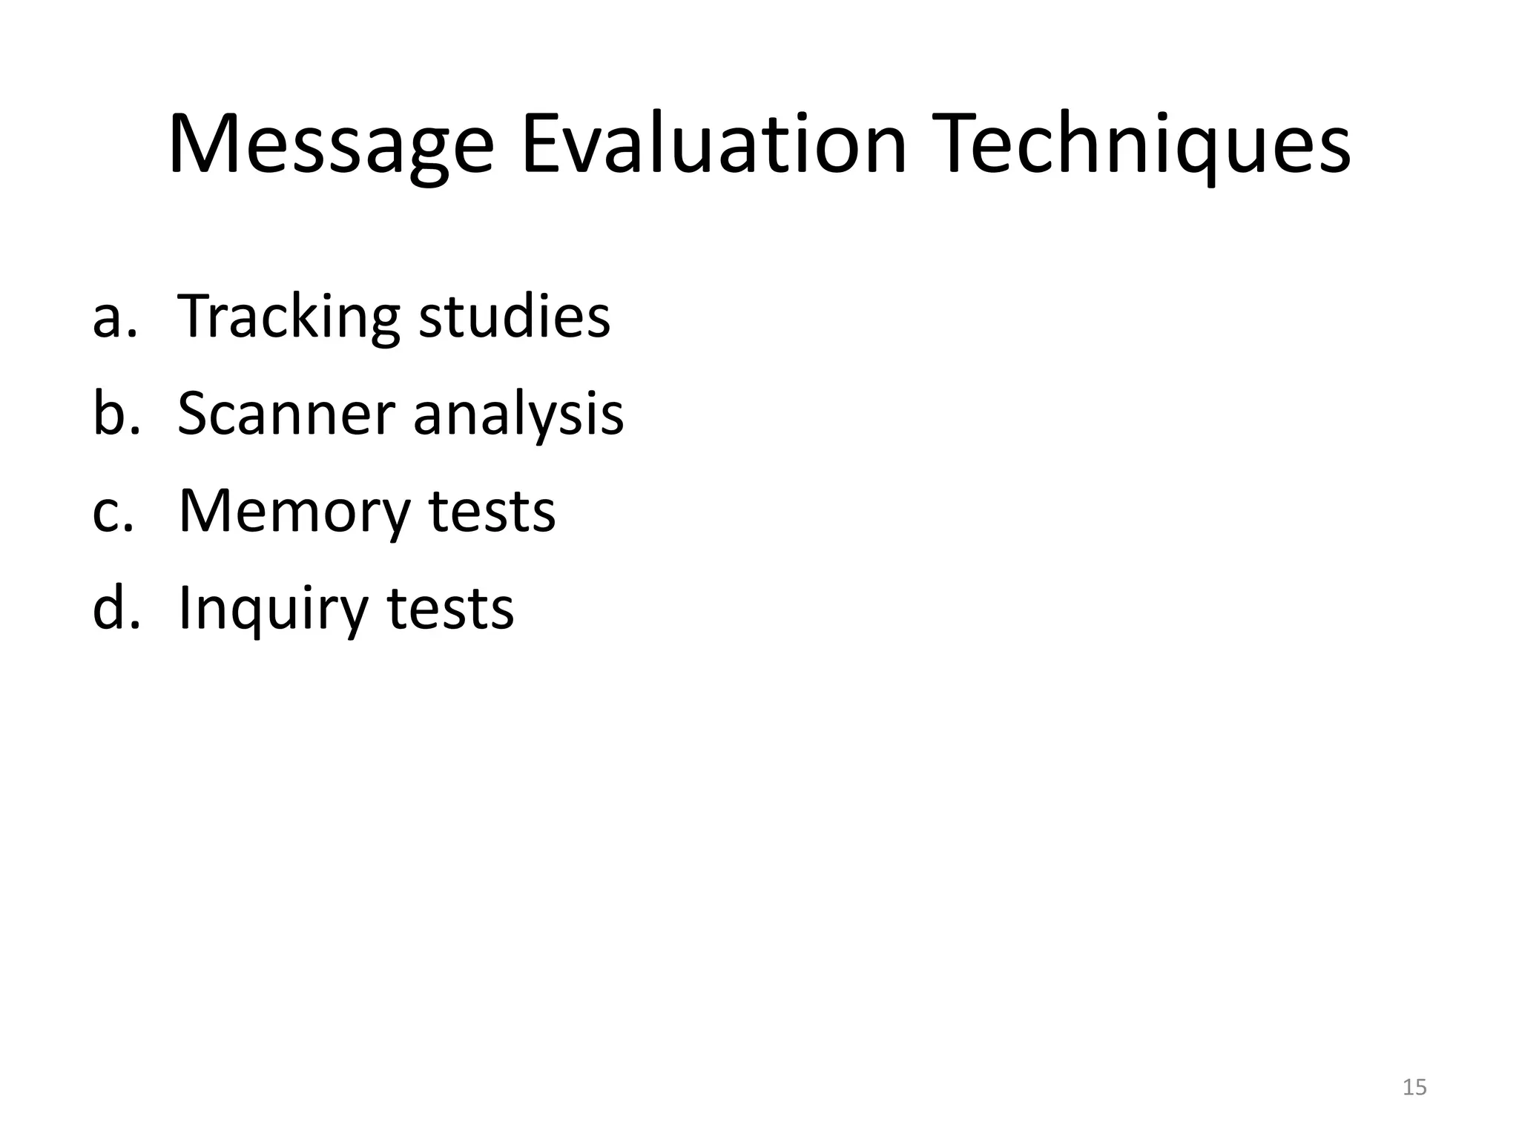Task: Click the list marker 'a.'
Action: [x=115, y=317]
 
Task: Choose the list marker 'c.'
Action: [x=113, y=511]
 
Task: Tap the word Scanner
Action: [x=286, y=414]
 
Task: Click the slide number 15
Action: [x=1414, y=1087]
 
